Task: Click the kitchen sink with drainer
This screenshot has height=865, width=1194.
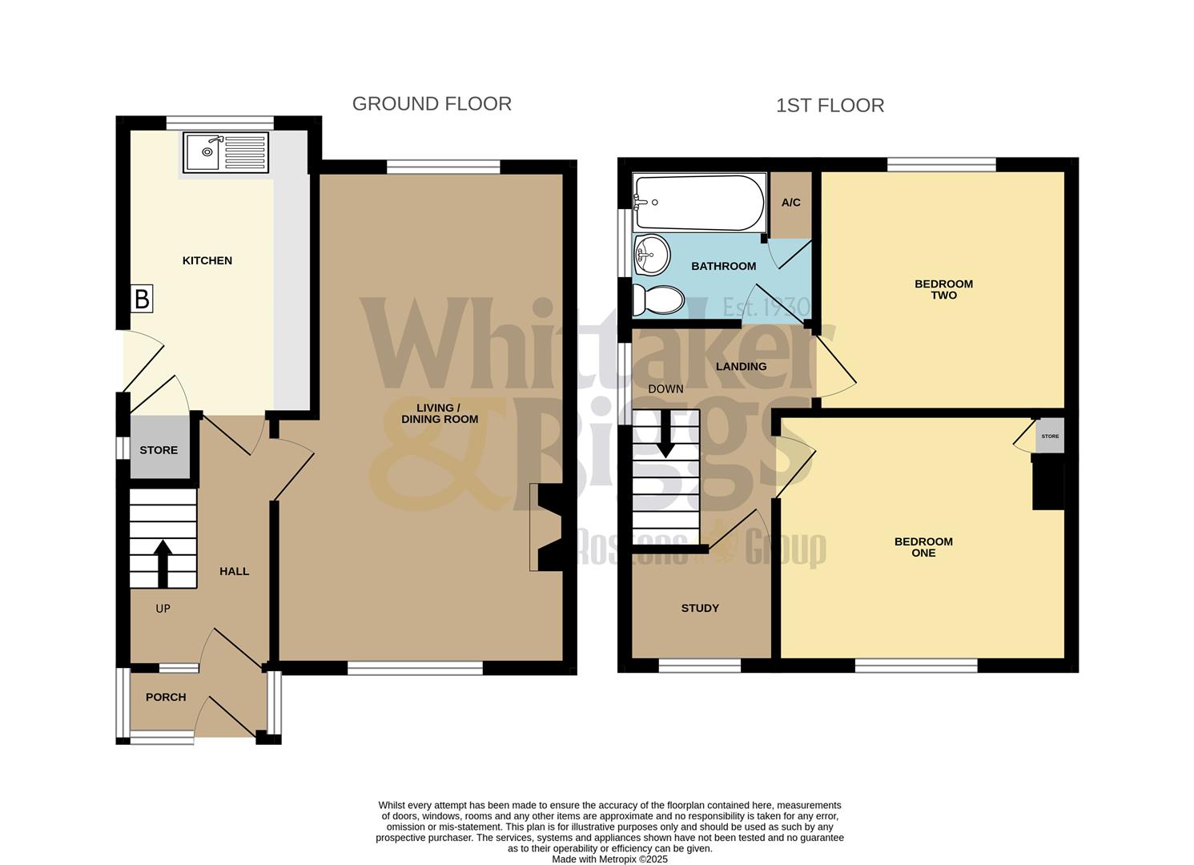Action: [224, 152]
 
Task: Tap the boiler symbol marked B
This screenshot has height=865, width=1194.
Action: [142, 300]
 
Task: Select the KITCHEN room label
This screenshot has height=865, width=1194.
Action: [207, 260]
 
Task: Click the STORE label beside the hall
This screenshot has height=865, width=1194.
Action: [159, 450]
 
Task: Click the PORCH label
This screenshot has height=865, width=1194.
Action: [166, 697]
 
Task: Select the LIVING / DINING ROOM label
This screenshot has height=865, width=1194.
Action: [440, 413]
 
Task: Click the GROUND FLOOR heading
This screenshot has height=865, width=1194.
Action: [432, 104]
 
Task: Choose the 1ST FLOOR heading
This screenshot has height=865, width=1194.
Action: [830, 106]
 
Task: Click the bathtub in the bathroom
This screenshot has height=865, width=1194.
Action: [698, 203]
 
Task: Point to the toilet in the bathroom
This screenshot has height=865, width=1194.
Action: [658, 301]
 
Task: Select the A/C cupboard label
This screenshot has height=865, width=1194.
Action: [790, 203]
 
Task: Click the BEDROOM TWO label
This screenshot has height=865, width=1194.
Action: [943, 289]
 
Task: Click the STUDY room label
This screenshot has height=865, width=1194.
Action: [700, 608]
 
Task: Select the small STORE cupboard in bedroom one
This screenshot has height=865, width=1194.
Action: [1050, 437]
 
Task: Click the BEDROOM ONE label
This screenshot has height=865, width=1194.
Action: [923, 547]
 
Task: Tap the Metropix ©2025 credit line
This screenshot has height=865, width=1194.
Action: [609, 859]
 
